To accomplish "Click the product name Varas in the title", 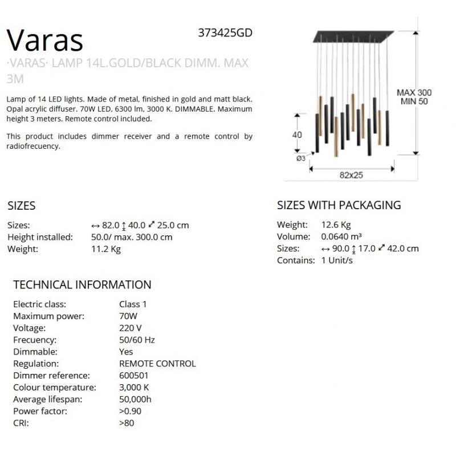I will (x=45, y=40).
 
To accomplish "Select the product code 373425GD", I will (x=225, y=33).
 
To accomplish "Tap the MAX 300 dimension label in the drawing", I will (x=414, y=92).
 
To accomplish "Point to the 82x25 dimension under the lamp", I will (x=351, y=176).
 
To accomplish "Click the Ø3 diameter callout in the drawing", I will (x=300, y=158).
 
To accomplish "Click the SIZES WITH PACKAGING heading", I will (x=339, y=205).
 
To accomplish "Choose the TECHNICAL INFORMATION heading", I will (x=82, y=284).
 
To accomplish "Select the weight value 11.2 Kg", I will (x=105, y=249).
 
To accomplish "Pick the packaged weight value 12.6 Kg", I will (x=336, y=225).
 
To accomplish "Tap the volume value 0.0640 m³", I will (x=341, y=237).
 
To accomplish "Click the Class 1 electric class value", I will (x=133, y=304).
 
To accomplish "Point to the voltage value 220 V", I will (x=131, y=328).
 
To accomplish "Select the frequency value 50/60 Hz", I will (x=137, y=340).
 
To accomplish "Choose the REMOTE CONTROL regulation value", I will (x=157, y=363).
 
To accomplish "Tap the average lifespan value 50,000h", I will (x=135, y=399).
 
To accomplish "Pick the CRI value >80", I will (x=127, y=423).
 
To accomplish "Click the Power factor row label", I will (x=40, y=411).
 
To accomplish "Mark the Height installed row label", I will (x=40, y=237).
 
